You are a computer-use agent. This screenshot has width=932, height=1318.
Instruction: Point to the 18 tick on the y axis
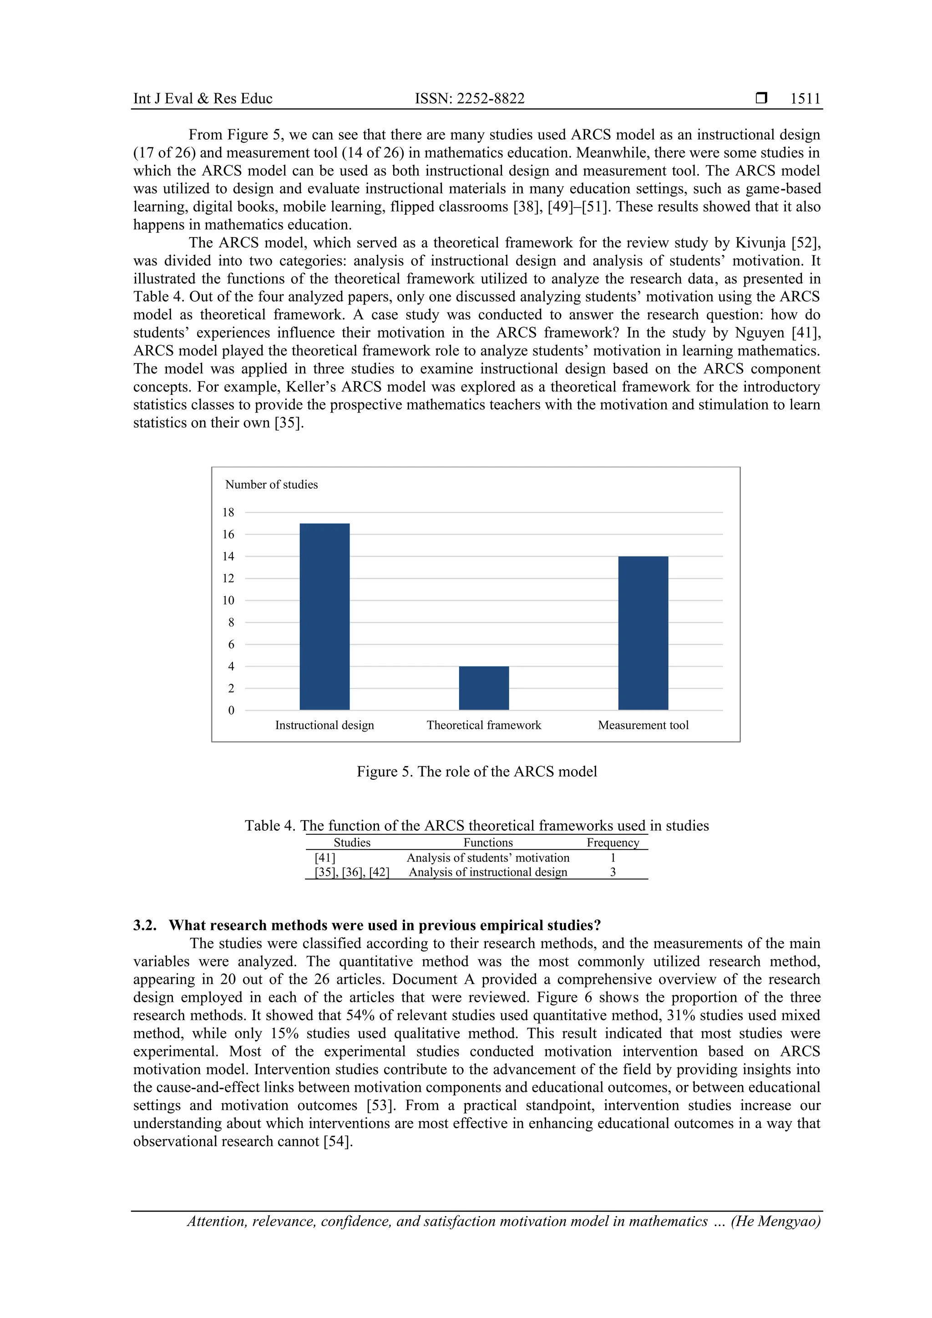[x=228, y=512]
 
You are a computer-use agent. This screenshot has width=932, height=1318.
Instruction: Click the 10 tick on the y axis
[x=228, y=601]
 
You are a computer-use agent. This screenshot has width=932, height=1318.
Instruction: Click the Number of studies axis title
[x=271, y=485]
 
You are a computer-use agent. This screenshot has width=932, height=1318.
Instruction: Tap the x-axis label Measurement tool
[x=643, y=725]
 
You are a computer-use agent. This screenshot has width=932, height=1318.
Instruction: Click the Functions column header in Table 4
[x=488, y=842]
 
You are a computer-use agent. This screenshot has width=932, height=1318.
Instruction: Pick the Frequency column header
[x=613, y=842]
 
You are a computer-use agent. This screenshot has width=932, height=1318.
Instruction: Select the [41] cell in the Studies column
[x=325, y=858]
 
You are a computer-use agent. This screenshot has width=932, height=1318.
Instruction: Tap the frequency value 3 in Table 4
[x=613, y=872]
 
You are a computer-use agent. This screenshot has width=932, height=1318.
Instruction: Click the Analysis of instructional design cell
[x=488, y=872]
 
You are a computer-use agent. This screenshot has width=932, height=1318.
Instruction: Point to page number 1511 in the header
[x=805, y=99]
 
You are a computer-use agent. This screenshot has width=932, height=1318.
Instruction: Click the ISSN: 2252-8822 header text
[x=470, y=99]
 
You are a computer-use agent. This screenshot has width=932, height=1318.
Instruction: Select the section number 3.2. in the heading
[x=145, y=925]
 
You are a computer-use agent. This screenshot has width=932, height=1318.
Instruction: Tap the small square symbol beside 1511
[x=761, y=98]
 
